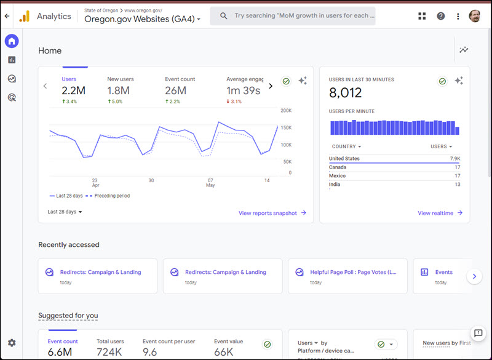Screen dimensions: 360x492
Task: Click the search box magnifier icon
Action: pyautogui.click(x=223, y=16)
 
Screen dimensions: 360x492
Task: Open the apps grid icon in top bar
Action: pyautogui.click(x=422, y=17)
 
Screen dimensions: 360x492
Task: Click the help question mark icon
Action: pyautogui.click(x=440, y=17)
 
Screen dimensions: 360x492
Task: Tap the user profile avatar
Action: pyautogui.click(x=474, y=17)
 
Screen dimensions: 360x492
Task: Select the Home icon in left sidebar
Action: pyautogui.click(x=12, y=41)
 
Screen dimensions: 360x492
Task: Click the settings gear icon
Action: pyautogui.click(x=12, y=343)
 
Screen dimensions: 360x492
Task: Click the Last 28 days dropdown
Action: pyautogui.click(x=65, y=212)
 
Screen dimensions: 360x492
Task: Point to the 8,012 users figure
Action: pyautogui.click(x=345, y=93)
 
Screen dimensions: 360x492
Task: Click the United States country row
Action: pyautogui.click(x=344, y=159)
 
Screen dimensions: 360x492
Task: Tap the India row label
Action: pyautogui.click(x=334, y=185)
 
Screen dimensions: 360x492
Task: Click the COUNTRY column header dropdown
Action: pyautogui.click(x=346, y=146)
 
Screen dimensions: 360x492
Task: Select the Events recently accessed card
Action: pyautogui.click(x=443, y=276)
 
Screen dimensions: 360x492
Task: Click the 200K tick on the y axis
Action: pyautogui.click(x=285, y=111)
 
